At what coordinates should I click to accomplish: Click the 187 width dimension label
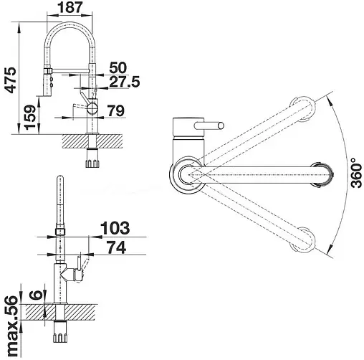pos(70,7)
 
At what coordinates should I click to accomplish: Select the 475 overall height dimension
pos(11,80)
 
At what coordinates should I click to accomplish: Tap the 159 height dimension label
pos(30,118)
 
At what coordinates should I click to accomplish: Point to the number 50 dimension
pos(118,67)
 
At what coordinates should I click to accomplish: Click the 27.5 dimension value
pos(125,82)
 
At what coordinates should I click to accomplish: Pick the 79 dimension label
pos(116,110)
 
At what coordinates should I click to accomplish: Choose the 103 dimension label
pos(115,228)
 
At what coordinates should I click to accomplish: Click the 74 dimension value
pos(116,247)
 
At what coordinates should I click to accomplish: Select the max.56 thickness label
pos(12,326)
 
